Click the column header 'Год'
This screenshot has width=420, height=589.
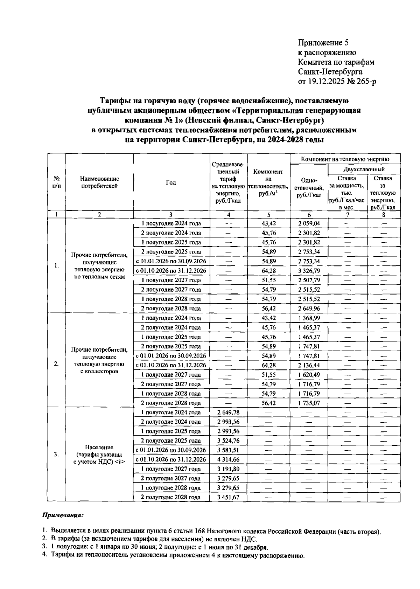171,182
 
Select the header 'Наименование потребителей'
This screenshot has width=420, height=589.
99,182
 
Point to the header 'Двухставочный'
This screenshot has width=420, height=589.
364,169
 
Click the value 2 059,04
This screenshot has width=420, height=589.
309,223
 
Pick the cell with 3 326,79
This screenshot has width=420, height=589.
309,271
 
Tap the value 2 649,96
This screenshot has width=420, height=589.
309,309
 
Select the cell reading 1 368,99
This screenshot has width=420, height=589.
309,318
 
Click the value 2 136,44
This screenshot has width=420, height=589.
309,365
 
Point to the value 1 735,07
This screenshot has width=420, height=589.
309,403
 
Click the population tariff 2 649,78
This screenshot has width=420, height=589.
228,413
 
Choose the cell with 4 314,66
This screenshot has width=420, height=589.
228,459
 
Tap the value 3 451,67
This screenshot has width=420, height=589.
228,497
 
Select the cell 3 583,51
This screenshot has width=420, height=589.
228,450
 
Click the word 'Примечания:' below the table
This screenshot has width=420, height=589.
63,515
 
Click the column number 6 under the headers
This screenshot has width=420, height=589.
309,215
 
